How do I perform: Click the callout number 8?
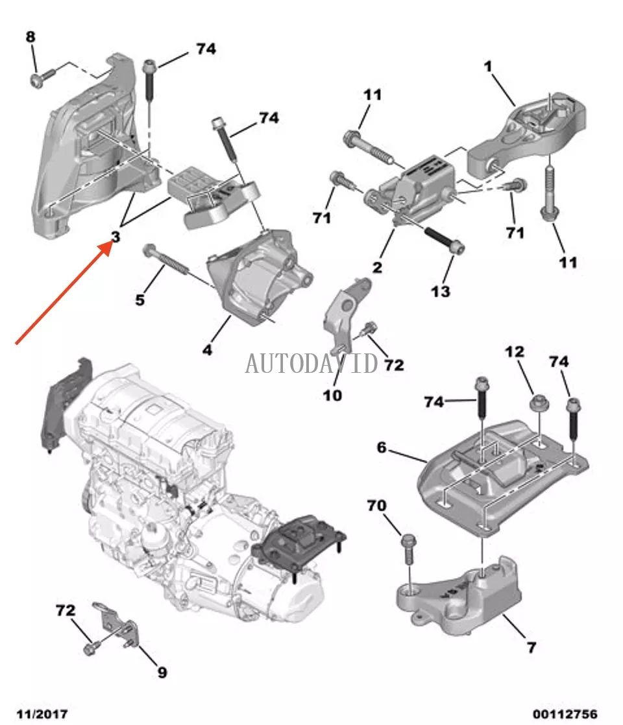[31, 37]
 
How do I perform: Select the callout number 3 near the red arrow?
[116, 238]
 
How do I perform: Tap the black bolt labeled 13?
[445, 238]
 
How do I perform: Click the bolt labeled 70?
[409, 545]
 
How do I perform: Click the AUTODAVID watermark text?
[311, 364]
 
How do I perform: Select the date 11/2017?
[43, 713]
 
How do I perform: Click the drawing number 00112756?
[565, 713]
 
